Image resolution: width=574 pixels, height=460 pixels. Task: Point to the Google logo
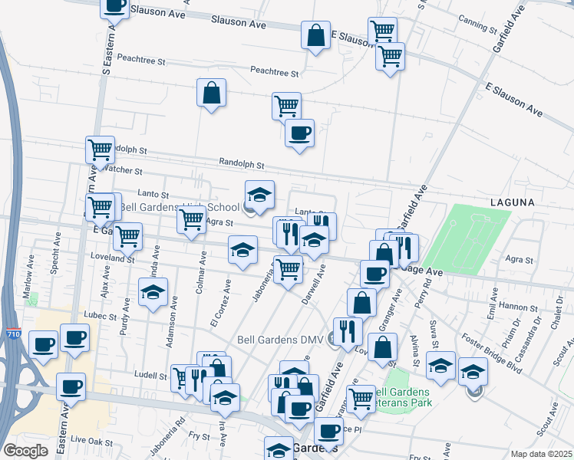coord(25,451)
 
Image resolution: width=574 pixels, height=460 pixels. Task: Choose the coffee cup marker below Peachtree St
coord(299,133)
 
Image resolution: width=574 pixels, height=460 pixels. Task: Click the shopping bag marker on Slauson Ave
coord(315,35)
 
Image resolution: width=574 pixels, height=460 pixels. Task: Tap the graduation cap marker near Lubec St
coord(153,292)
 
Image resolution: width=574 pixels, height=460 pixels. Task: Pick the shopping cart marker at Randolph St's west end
coord(100,150)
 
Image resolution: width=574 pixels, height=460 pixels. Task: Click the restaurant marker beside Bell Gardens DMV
coord(348,331)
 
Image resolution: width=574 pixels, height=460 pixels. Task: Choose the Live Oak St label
coord(91,442)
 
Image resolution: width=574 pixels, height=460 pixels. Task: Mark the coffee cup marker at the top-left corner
coord(115,6)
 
